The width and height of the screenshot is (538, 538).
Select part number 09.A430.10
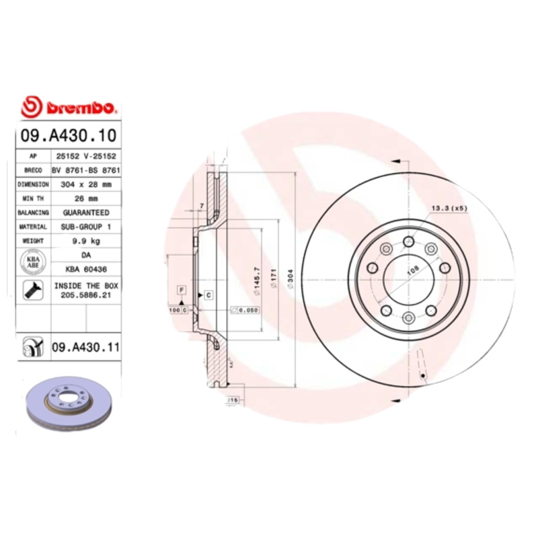click(x=69, y=135)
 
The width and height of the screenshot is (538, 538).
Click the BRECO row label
click(x=33, y=169)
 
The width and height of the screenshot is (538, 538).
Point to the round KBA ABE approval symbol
click(x=33, y=262)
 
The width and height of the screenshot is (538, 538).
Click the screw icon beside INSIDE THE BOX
click(x=33, y=291)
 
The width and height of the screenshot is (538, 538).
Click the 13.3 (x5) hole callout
click(x=449, y=208)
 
